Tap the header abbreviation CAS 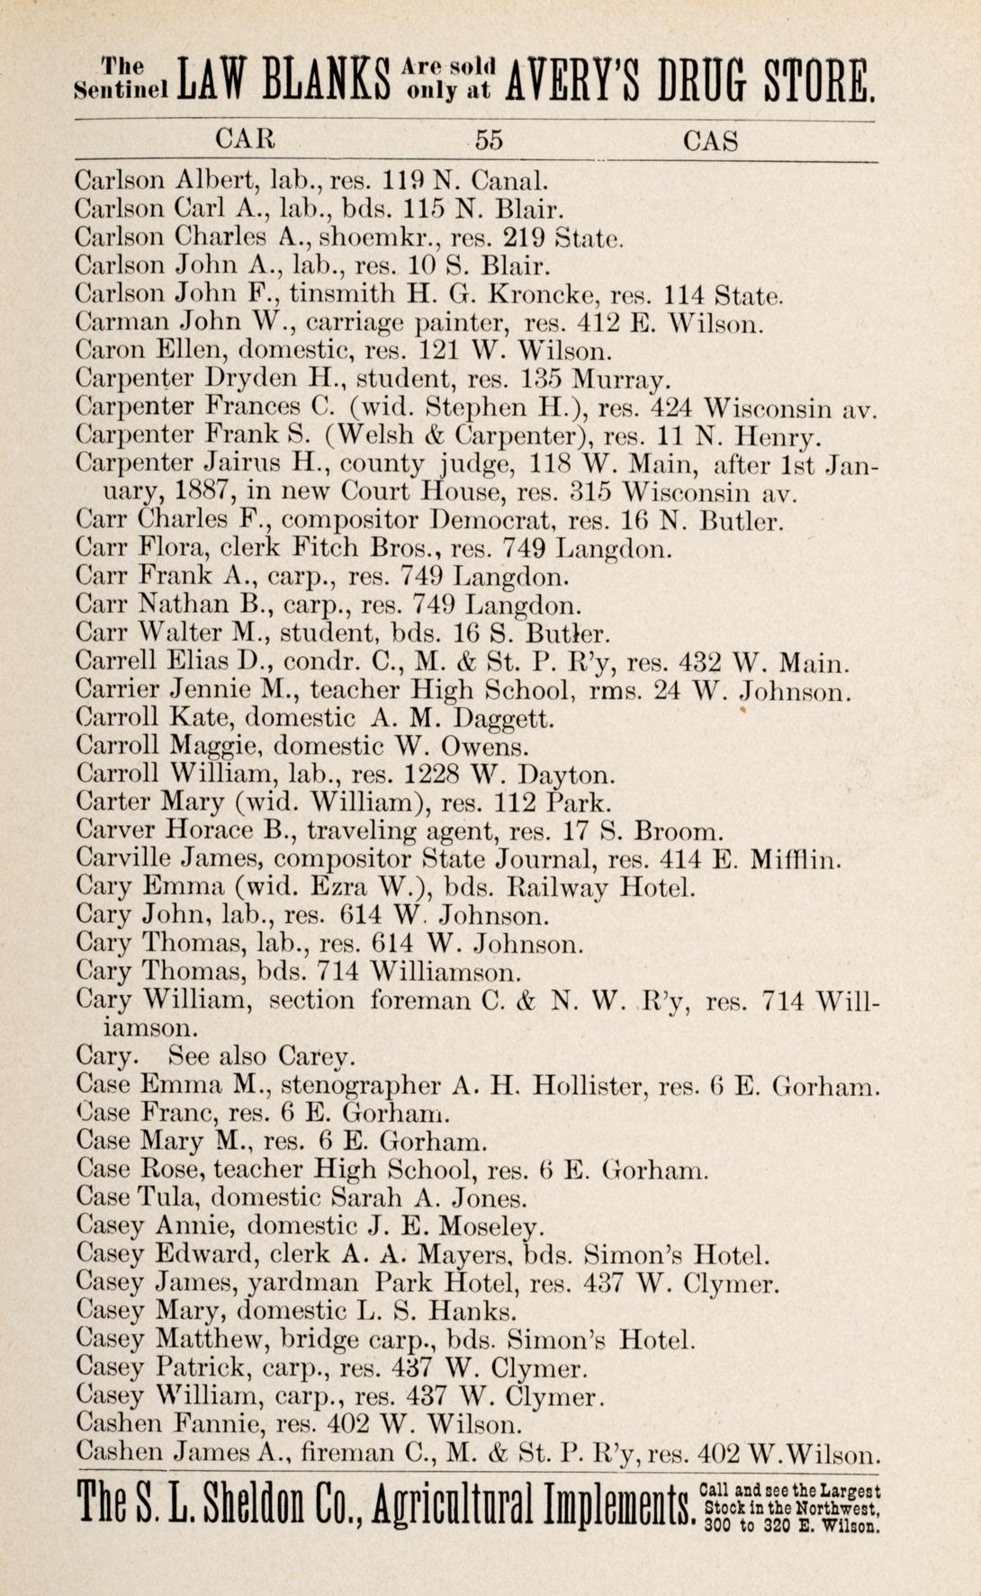711,140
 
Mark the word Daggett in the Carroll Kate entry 504,719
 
